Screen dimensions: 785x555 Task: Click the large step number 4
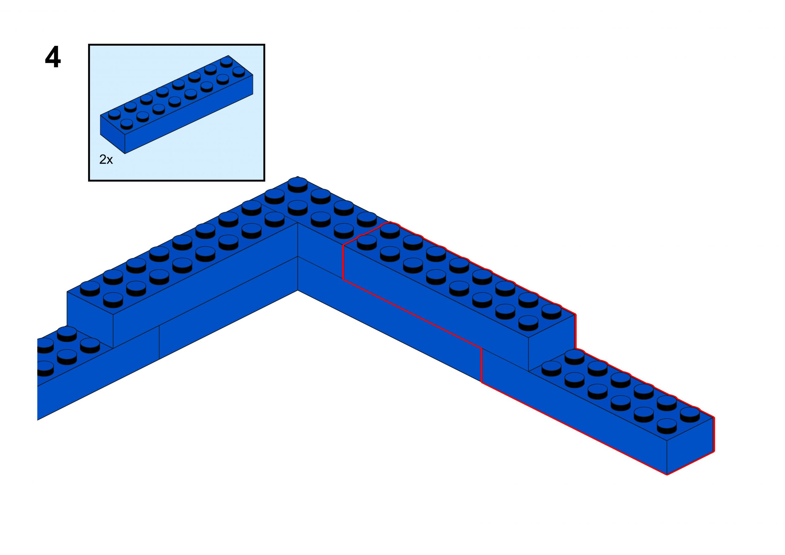pyautogui.click(x=53, y=57)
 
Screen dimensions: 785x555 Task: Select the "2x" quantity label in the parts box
pyautogui.click(x=106, y=159)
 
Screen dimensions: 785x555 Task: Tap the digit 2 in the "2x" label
pyautogui.click(x=103, y=159)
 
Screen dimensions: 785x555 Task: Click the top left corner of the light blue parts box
pyautogui.click(x=89, y=45)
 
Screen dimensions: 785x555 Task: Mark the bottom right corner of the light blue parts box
pyautogui.click(x=264, y=180)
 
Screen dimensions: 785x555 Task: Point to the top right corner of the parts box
pyautogui.click(x=264, y=45)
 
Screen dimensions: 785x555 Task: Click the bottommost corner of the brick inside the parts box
pyautogui.click(x=125, y=154)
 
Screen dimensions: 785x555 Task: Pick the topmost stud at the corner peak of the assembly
pyautogui.click(x=297, y=185)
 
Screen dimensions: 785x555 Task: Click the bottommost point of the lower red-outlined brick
pyautogui.click(x=667, y=475)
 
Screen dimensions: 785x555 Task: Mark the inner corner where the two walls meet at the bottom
pyautogui.click(x=297, y=290)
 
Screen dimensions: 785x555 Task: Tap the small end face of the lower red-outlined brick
pyautogui.click(x=690, y=446)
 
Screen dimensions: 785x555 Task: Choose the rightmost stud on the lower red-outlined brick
pyautogui.click(x=690, y=414)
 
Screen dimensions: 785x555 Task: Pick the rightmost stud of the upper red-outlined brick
pyautogui.click(x=551, y=311)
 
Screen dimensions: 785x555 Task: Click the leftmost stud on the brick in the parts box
pyautogui.click(x=114, y=114)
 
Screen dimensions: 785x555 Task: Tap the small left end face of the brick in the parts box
pyautogui.click(x=113, y=134)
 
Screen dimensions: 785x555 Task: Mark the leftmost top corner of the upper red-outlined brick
pyautogui.click(x=343, y=245)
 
